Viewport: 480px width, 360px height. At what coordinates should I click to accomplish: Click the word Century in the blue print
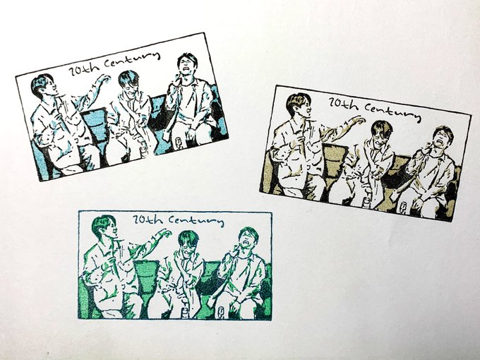coord(132,60)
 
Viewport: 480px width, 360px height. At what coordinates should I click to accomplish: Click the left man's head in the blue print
coord(43,85)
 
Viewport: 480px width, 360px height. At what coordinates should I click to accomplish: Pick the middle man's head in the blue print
coord(128,83)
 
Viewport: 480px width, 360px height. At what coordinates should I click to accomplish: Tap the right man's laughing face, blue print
coord(187,65)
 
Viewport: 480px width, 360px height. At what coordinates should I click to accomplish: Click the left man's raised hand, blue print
coord(104,79)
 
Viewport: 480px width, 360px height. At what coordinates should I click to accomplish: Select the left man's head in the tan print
coord(298,104)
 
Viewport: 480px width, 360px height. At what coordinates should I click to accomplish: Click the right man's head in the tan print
coord(443,137)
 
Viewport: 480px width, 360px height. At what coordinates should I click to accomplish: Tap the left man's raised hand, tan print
coord(359,121)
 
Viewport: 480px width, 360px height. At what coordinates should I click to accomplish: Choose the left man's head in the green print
coord(104,227)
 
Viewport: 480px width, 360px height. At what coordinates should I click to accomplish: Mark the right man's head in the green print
coord(248,238)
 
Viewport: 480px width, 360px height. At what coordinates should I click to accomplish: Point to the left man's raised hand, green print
coord(164,234)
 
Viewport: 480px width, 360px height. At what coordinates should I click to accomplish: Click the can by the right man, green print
coord(220,311)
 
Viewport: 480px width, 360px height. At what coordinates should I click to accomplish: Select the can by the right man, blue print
coord(178,143)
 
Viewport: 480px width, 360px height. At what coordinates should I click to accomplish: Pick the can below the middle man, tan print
coord(367,203)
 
